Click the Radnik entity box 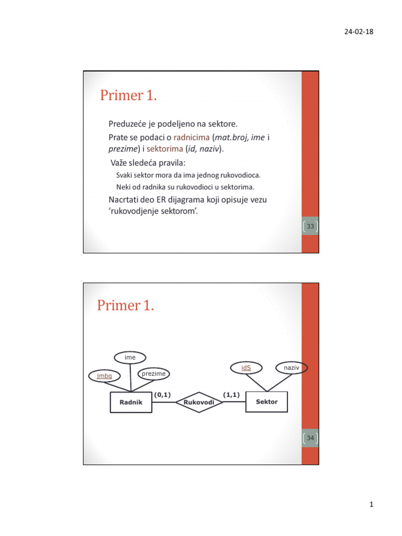point(131,402)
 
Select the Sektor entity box point(267,401)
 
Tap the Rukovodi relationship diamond point(199,402)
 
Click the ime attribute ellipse point(130,357)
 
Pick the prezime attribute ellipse point(154,374)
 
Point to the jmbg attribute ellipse point(104,376)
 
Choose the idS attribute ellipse point(246,368)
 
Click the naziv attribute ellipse point(292,368)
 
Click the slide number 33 point(310,227)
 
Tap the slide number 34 point(310,437)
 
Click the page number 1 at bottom point(370,505)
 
